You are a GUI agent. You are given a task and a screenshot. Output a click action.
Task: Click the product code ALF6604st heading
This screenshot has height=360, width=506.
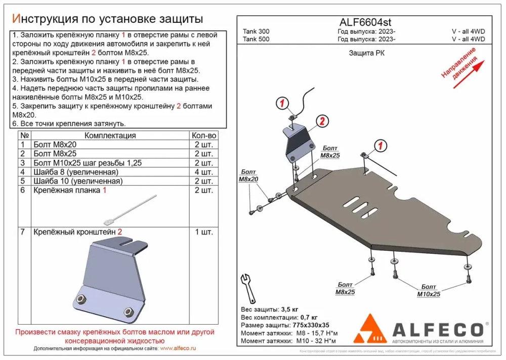[x=364, y=22]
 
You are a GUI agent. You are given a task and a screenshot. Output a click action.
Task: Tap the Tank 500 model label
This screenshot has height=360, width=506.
[x=256, y=38]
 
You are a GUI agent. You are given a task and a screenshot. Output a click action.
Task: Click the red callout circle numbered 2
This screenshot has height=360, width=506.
[x=322, y=121]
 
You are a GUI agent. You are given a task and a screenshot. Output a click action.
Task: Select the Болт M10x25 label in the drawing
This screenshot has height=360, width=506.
[x=428, y=290]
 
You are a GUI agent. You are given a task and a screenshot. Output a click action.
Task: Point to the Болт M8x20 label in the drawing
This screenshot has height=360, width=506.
[x=248, y=176]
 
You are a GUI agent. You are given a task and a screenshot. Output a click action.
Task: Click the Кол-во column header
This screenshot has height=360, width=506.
[x=204, y=136]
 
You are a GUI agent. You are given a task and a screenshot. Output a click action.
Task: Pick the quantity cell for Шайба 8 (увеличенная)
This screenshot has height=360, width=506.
[x=204, y=172]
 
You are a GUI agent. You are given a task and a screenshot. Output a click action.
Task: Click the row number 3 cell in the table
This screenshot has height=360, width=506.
[x=22, y=163]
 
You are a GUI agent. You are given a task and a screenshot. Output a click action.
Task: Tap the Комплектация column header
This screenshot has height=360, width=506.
[x=110, y=136]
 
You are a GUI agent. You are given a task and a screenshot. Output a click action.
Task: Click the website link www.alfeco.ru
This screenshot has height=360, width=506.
[x=178, y=348]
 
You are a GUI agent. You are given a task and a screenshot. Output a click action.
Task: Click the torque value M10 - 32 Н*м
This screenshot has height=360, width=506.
[x=316, y=341]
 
